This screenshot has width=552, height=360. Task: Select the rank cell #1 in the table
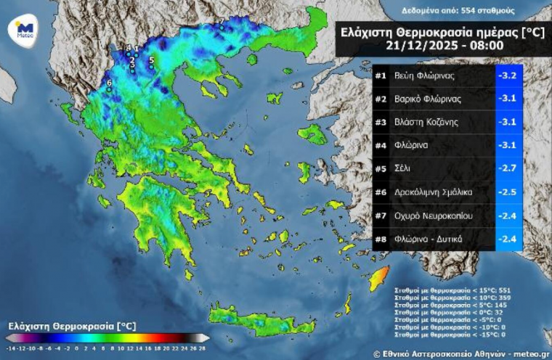tap(381, 75)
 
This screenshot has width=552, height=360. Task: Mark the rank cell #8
tap(381, 238)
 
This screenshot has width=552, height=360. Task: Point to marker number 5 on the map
tap(151, 61)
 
